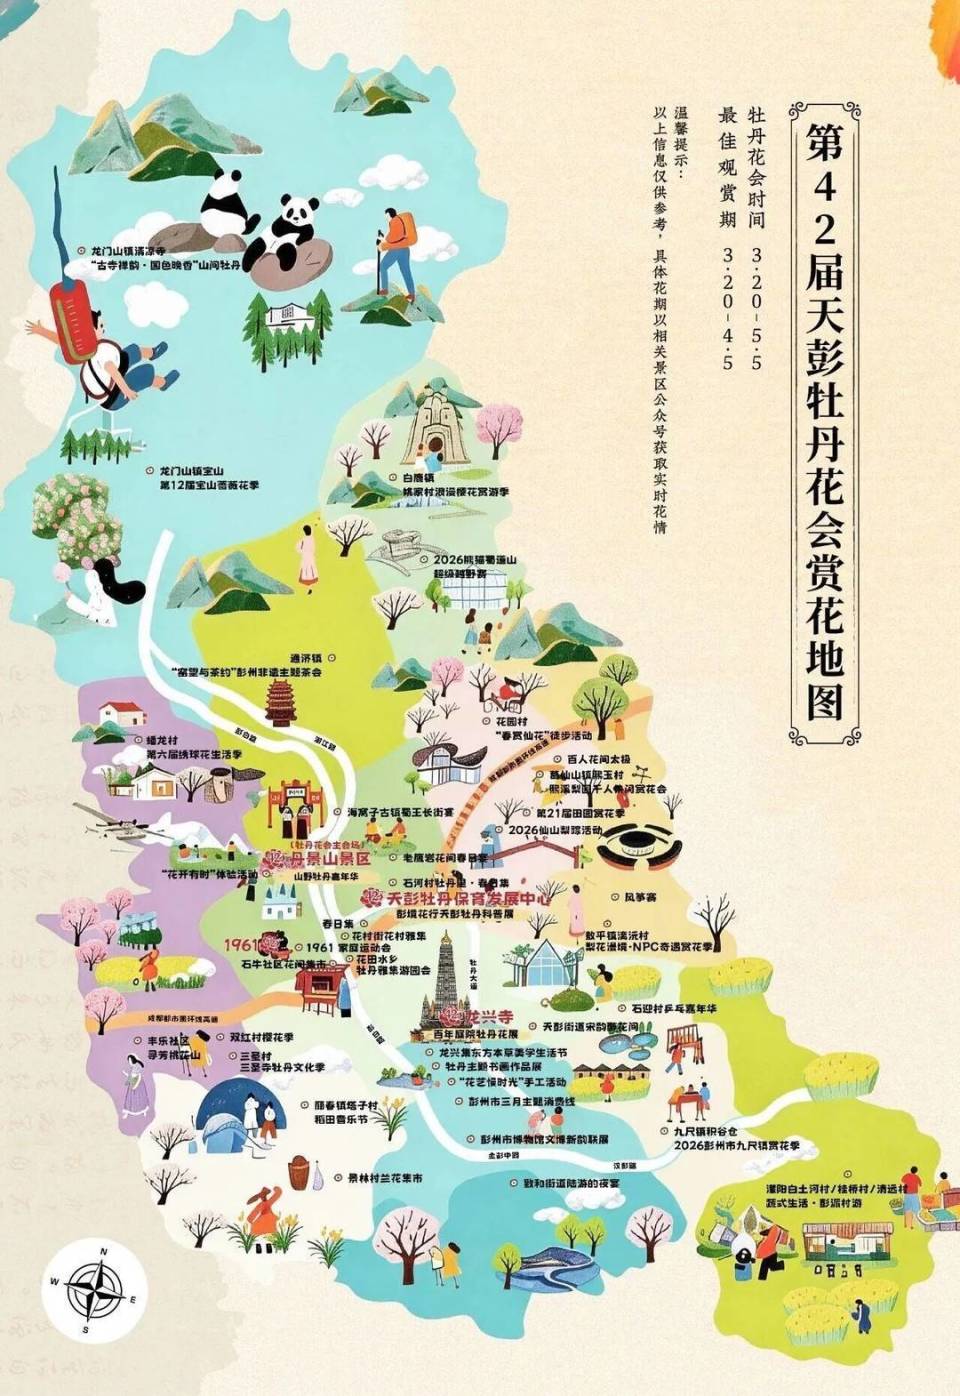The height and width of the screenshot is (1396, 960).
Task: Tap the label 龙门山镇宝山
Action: pyautogui.click(x=193, y=470)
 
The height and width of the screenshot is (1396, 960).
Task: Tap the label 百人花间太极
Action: pyautogui.click(x=599, y=759)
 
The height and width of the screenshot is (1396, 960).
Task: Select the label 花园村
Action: pyautogui.click(x=511, y=720)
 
